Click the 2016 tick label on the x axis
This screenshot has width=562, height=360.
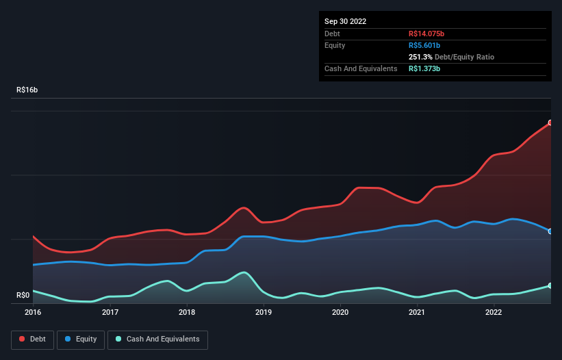[33, 312]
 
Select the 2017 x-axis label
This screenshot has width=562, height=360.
[110, 312]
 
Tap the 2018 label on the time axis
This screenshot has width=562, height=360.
[187, 312]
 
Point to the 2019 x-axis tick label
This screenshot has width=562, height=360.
[264, 312]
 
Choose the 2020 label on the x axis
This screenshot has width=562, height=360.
[340, 312]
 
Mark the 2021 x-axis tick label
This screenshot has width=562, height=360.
[417, 312]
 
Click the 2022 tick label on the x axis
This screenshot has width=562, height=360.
[494, 312]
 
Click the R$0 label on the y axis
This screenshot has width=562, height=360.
[23, 296]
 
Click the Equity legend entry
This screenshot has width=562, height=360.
[81, 339]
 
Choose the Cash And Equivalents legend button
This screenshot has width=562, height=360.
[157, 339]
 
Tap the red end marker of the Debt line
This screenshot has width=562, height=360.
[550, 123]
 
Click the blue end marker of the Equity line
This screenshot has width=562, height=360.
[550, 231]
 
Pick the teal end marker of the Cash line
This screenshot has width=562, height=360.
[550, 285]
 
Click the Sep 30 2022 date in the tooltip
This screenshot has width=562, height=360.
[346, 21]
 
